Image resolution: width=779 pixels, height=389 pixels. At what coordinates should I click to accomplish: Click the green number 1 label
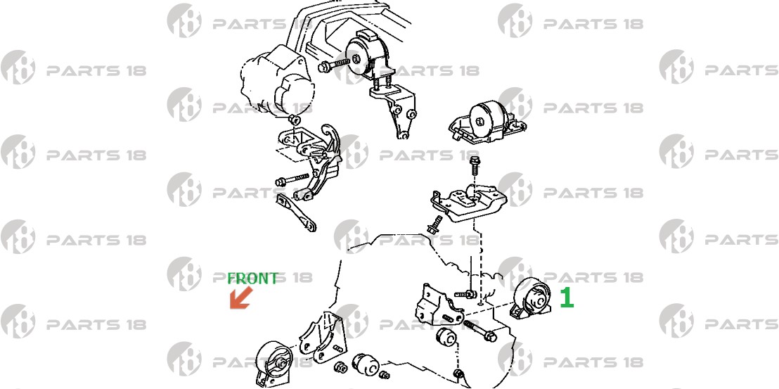pos(567,298)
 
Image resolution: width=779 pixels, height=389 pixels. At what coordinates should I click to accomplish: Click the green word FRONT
pos(252,279)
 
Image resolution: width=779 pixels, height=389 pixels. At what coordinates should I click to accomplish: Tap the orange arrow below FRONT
pos(241,298)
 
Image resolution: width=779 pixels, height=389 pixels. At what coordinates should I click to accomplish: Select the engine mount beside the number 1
pos(531,299)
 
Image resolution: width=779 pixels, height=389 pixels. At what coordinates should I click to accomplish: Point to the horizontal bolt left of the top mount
pos(334,64)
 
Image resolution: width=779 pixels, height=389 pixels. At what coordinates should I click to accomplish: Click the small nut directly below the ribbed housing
pos(294,120)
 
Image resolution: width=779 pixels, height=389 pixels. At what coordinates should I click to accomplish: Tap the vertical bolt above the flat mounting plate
pos(475,165)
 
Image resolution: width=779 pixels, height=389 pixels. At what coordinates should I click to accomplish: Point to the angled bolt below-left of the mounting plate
pos(434,225)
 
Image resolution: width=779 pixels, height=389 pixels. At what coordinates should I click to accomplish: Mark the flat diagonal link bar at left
pos(296,212)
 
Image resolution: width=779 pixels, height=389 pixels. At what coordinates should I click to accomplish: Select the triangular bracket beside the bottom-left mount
pos(318,338)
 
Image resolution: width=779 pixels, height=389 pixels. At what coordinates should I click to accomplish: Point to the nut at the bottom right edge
pos(458,375)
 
